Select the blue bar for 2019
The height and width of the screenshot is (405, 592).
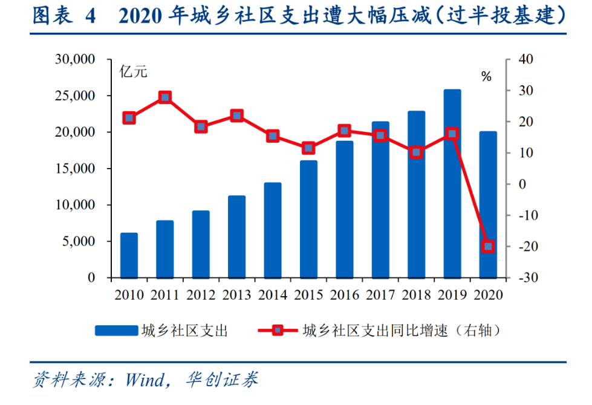pyautogui.click(x=452, y=184)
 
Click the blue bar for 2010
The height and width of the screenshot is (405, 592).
pyautogui.click(x=129, y=255)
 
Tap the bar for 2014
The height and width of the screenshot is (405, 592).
pyautogui.click(x=273, y=230)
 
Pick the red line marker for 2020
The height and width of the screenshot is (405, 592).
pyautogui.click(x=488, y=246)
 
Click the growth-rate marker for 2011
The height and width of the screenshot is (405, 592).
pyautogui.click(x=165, y=97)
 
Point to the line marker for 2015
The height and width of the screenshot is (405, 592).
pyautogui.click(x=309, y=148)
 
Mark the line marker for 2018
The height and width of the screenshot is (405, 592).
pyautogui.click(x=416, y=152)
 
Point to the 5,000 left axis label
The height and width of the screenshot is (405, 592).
pyautogui.click(x=79, y=242)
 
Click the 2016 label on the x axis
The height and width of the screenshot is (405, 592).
pyautogui.click(x=344, y=295)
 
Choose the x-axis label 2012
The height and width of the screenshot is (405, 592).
pyautogui.click(x=201, y=295)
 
